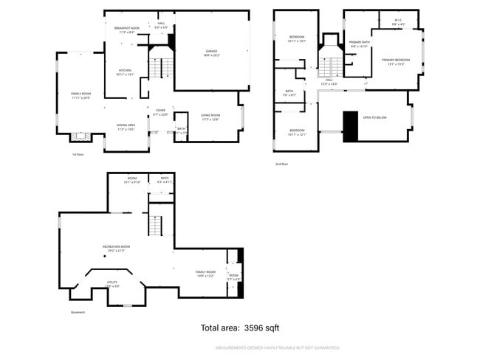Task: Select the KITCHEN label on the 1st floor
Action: coord(125,72)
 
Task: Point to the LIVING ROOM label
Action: coord(210,116)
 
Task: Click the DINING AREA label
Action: coord(125,126)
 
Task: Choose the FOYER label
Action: coord(160,113)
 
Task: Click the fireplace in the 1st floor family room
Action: coord(79,136)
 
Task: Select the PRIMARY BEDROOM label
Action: coord(395,60)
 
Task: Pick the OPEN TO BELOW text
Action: coord(374,117)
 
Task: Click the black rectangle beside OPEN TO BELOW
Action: coord(351,125)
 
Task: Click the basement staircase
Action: coord(156,226)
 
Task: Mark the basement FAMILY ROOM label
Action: coord(205,274)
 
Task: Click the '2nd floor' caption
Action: coord(282,164)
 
